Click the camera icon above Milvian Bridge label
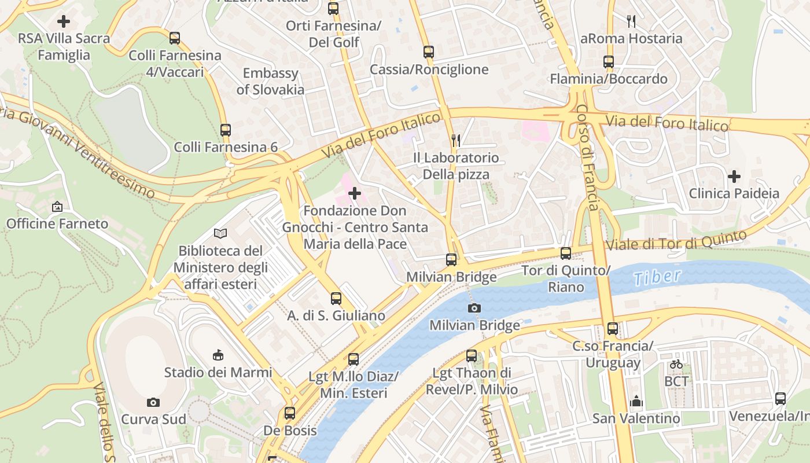(x=474, y=308)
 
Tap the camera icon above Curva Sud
(x=153, y=402)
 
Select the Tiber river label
(x=657, y=277)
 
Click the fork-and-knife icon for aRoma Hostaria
(x=631, y=21)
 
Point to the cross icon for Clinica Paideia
(x=734, y=176)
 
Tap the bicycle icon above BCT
(x=676, y=364)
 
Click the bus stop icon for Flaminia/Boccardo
(x=609, y=62)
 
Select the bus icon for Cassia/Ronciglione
(x=429, y=52)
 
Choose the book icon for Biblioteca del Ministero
(x=220, y=233)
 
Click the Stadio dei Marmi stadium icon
(x=218, y=354)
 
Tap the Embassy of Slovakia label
(x=270, y=82)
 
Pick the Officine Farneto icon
(x=57, y=207)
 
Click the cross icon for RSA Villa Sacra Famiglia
(x=64, y=22)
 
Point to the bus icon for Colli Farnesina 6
(x=226, y=130)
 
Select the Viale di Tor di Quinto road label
(x=676, y=240)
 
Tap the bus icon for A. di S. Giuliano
(x=336, y=299)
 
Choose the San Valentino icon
(x=636, y=401)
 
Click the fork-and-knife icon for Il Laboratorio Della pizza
(x=456, y=140)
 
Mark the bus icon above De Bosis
(x=290, y=413)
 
